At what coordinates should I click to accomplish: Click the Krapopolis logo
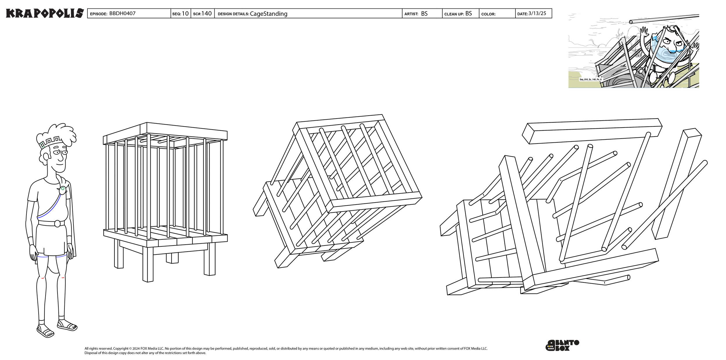pyautogui.click(x=45, y=13)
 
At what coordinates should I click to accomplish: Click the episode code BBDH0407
pyautogui.click(x=122, y=14)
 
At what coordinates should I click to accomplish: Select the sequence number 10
pyautogui.click(x=185, y=14)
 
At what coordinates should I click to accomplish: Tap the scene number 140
pyautogui.click(x=206, y=14)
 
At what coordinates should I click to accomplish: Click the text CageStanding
pyautogui.click(x=269, y=14)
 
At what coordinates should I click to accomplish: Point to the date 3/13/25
pyautogui.click(x=537, y=14)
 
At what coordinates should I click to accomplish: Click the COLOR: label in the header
pyautogui.click(x=488, y=14)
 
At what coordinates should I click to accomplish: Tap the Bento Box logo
pyautogui.click(x=562, y=345)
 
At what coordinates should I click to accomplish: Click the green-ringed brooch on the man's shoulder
pyautogui.click(x=62, y=190)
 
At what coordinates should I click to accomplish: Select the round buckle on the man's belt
pyautogui.click(x=57, y=223)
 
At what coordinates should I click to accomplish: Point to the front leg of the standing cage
pyautogui.click(x=148, y=264)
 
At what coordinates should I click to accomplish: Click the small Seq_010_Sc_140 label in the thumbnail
pyautogui.click(x=590, y=79)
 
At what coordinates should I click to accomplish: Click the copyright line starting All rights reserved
pyautogui.click(x=286, y=348)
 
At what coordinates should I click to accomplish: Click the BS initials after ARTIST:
pyautogui.click(x=424, y=14)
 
